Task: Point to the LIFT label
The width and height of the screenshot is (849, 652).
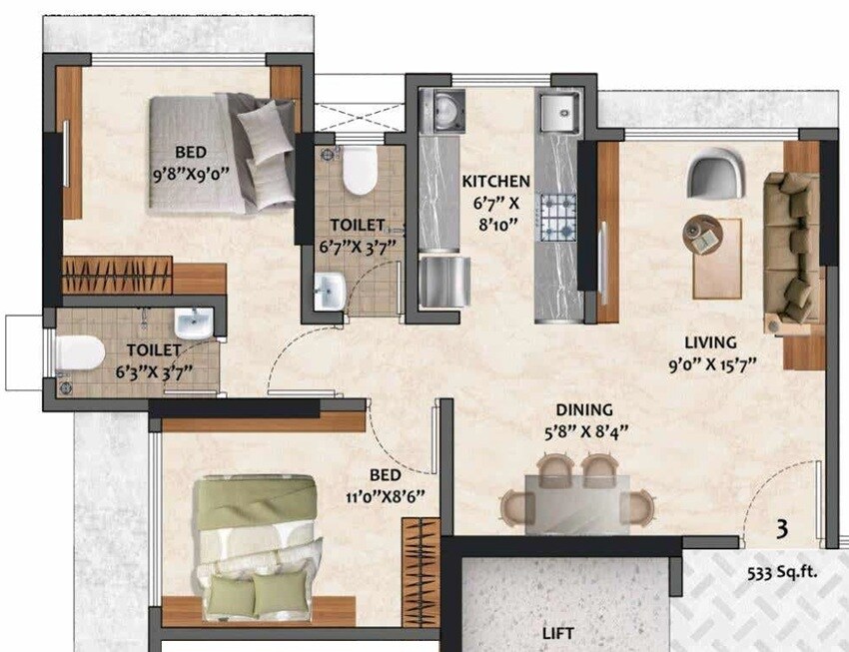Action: (558, 633)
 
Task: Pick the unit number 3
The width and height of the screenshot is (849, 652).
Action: (782, 528)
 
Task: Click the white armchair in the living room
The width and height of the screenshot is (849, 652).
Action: (717, 172)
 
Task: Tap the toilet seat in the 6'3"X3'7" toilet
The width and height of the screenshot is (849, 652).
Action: (79, 352)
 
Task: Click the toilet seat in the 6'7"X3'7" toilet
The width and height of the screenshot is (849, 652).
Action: (358, 172)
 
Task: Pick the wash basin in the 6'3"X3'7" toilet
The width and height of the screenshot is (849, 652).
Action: (193, 324)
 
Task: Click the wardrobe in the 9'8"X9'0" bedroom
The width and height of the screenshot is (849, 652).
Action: (117, 275)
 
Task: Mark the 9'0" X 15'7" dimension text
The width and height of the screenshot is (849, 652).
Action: (709, 364)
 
